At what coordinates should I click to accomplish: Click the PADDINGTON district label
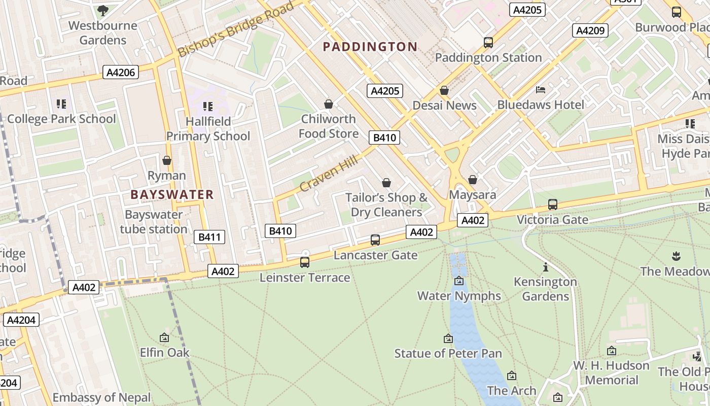click(x=370, y=47)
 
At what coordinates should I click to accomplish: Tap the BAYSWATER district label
click(x=172, y=194)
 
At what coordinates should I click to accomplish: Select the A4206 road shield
click(x=121, y=73)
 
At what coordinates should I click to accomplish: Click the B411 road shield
click(x=209, y=237)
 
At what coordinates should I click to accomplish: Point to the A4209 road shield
click(x=590, y=30)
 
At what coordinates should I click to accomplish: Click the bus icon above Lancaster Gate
click(x=375, y=240)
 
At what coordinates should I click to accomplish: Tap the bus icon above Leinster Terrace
click(x=305, y=262)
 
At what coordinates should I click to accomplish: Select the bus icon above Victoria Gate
click(x=553, y=205)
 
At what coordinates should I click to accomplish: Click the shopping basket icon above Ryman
click(x=167, y=161)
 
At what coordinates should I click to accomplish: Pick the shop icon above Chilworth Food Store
click(x=329, y=104)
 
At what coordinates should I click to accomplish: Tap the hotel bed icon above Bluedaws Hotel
click(x=541, y=90)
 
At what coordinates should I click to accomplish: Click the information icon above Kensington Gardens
click(x=546, y=267)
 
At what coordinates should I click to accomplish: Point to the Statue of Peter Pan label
click(x=448, y=353)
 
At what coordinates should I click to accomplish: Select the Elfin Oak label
click(x=164, y=352)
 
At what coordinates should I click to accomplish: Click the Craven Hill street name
click(x=329, y=174)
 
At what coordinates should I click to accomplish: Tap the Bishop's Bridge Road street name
click(x=236, y=29)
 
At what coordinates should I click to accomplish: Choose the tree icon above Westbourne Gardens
click(x=102, y=10)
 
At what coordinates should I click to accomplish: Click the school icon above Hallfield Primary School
click(x=208, y=107)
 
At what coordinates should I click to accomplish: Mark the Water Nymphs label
click(x=459, y=295)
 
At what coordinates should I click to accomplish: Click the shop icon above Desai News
click(x=444, y=90)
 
